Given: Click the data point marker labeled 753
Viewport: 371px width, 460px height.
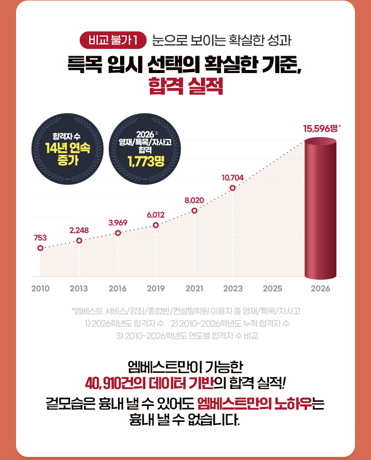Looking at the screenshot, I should pos(40,248).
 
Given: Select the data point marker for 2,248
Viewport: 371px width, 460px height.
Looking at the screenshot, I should pos(79,240).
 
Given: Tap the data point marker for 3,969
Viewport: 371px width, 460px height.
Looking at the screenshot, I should pos(118,233).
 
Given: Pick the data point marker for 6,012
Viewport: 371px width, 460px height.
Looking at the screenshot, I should pos(156,225).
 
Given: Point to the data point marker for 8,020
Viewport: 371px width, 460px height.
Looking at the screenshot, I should pos(194,210).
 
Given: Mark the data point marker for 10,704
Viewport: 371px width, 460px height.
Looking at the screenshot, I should pos(232,188).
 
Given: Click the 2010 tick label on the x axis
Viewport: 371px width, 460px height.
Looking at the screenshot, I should pos(40,289).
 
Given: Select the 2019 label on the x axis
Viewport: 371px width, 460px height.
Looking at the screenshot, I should pos(156,289).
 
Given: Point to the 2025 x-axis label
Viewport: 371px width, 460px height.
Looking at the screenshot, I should pos(272,289).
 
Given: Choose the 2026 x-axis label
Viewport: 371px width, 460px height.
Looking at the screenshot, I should pos(321,289).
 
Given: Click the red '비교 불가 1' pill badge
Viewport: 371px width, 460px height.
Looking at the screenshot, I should pos(113,39).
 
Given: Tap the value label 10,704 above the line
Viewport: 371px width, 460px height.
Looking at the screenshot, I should pos(232,178).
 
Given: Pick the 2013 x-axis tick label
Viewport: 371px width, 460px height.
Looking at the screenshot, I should pos(79,289).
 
